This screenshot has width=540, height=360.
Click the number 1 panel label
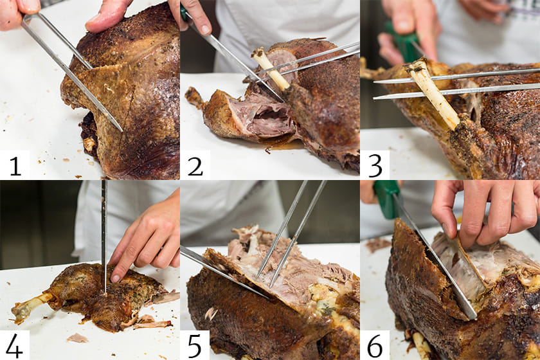(x=15, y=166)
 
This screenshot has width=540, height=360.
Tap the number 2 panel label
(x=195, y=166)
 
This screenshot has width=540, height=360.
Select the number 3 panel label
(x=375, y=166)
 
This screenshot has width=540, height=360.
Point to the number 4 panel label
(x=14, y=345)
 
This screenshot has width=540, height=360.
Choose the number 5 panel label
(x=195, y=346)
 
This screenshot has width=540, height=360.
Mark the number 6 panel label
(x=375, y=346)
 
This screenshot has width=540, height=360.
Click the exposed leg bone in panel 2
(x=271, y=69)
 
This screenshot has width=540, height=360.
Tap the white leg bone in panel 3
(x=433, y=93)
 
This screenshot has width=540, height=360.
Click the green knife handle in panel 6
(x=388, y=199)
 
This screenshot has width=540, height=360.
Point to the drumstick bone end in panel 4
(x=21, y=310)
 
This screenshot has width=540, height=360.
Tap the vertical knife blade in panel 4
(x=104, y=237)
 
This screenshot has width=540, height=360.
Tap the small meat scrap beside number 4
(x=77, y=338)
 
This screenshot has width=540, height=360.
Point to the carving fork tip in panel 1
(x=121, y=130)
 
